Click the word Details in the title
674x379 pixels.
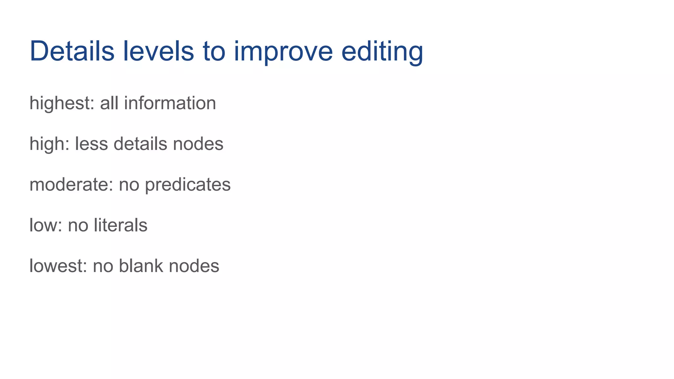pos(72,51)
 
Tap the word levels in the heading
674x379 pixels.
pos(159,51)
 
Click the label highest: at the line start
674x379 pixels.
pos(62,103)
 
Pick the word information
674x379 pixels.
pos(170,103)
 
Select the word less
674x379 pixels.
pos(91,144)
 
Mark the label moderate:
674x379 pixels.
pos(71,185)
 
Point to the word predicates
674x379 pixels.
pos(188,185)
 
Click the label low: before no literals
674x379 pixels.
pos(46,225)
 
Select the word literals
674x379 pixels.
pos(120,225)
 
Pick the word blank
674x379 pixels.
pos(141,266)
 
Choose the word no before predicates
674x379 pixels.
pos(129,185)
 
